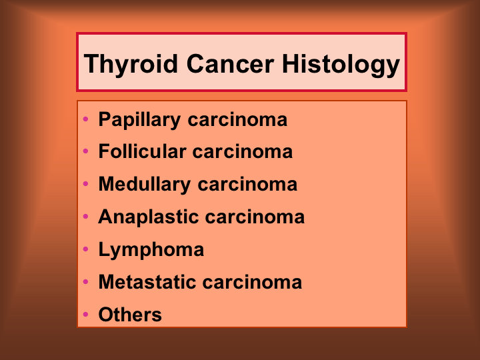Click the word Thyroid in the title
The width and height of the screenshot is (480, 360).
(131, 65)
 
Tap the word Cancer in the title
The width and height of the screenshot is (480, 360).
(230, 64)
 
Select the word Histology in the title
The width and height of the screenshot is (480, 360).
(341, 65)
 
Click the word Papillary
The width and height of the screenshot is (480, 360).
(139, 120)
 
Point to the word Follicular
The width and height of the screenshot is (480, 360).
(143, 151)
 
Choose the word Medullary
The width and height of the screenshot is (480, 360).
(145, 185)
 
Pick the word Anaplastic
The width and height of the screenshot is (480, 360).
(149, 217)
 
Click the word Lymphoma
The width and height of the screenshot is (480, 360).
(151, 250)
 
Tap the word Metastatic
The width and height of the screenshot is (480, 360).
(147, 281)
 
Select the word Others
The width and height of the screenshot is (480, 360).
(130, 315)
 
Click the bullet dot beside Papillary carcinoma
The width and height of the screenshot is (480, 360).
(86, 119)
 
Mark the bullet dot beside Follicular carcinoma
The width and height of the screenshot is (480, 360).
(86, 151)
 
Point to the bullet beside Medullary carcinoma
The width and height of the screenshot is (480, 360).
(86, 184)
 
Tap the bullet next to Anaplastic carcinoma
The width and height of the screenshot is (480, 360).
(86, 217)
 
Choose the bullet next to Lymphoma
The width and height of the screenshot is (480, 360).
(86, 249)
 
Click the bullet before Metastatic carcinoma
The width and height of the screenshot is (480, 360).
(86, 281)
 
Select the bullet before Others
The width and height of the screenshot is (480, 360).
(86, 314)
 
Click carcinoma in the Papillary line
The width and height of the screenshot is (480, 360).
(237, 120)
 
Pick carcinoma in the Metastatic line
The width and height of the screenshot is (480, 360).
(252, 282)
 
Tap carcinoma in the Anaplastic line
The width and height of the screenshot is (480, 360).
(255, 217)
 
